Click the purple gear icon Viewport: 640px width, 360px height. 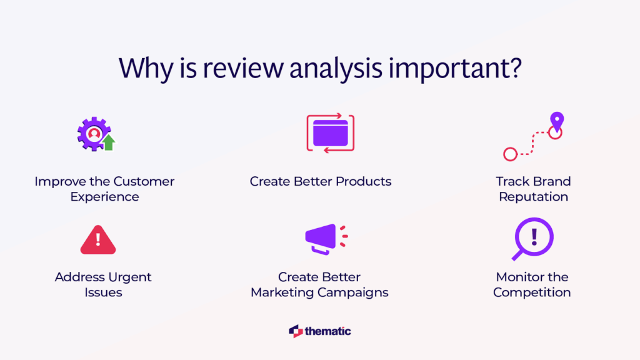(92, 132)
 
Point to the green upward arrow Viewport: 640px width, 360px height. (109, 142)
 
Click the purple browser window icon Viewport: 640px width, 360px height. (330, 132)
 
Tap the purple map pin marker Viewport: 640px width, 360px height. (556, 120)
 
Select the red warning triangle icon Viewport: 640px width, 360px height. (98, 240)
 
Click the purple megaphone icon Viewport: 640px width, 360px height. (322, 238)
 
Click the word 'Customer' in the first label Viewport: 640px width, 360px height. (144, 182)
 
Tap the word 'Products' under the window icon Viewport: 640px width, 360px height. (364, 182)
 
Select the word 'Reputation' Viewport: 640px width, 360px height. (533, 197)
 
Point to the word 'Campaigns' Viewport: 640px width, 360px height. (359, 292)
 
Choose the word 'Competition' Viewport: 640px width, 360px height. (532, 292)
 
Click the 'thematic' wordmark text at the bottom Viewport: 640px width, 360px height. (328, 331)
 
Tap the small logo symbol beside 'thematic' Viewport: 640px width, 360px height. (296, 331)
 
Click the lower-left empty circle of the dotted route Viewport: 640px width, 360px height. (510, 154)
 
